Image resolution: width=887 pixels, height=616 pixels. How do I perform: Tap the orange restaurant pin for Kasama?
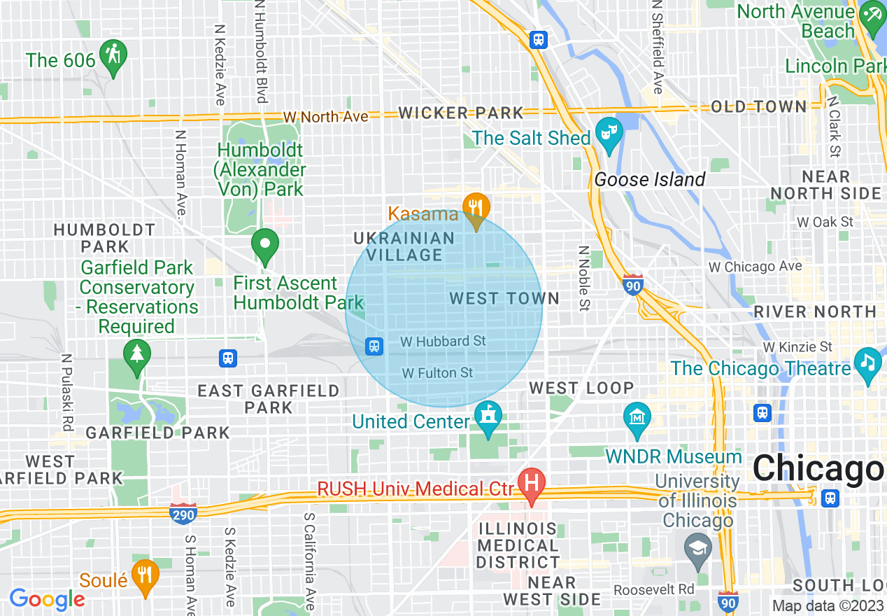(x=476, y=206)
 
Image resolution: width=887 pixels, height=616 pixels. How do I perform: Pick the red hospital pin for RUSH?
(x=532, y=483)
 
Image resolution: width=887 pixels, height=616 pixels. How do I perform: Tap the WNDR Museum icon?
(x=637, y=417)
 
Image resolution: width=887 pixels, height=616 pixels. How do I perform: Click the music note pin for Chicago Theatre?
(x=868, y=362)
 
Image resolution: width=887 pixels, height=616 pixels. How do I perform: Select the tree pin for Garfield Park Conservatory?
(x=136, y=353)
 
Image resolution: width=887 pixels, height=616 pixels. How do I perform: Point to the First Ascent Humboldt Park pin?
(x=265, y=244)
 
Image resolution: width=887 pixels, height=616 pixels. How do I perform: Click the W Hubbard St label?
(x=443, y=342)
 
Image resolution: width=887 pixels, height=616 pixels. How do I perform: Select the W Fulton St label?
(x=438, y=373)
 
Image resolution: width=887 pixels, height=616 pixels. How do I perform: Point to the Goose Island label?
(x=650, y=180)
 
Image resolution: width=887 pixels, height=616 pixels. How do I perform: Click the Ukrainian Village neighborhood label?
(x=404, y=246)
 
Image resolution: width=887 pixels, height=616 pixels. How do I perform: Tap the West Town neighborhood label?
(x=504, y=299)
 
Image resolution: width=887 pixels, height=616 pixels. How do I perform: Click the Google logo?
(x=47, y=599)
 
